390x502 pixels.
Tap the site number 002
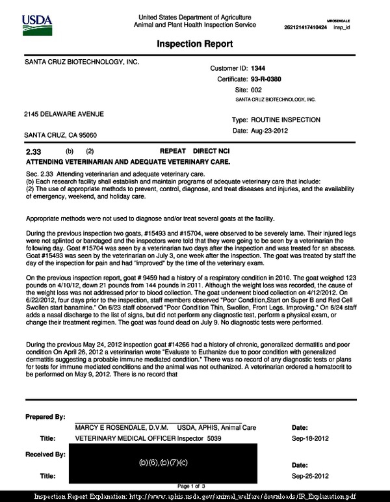(257, 89)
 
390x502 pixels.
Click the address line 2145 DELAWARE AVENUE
(64, 114)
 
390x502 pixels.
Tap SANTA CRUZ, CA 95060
(60, 135)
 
